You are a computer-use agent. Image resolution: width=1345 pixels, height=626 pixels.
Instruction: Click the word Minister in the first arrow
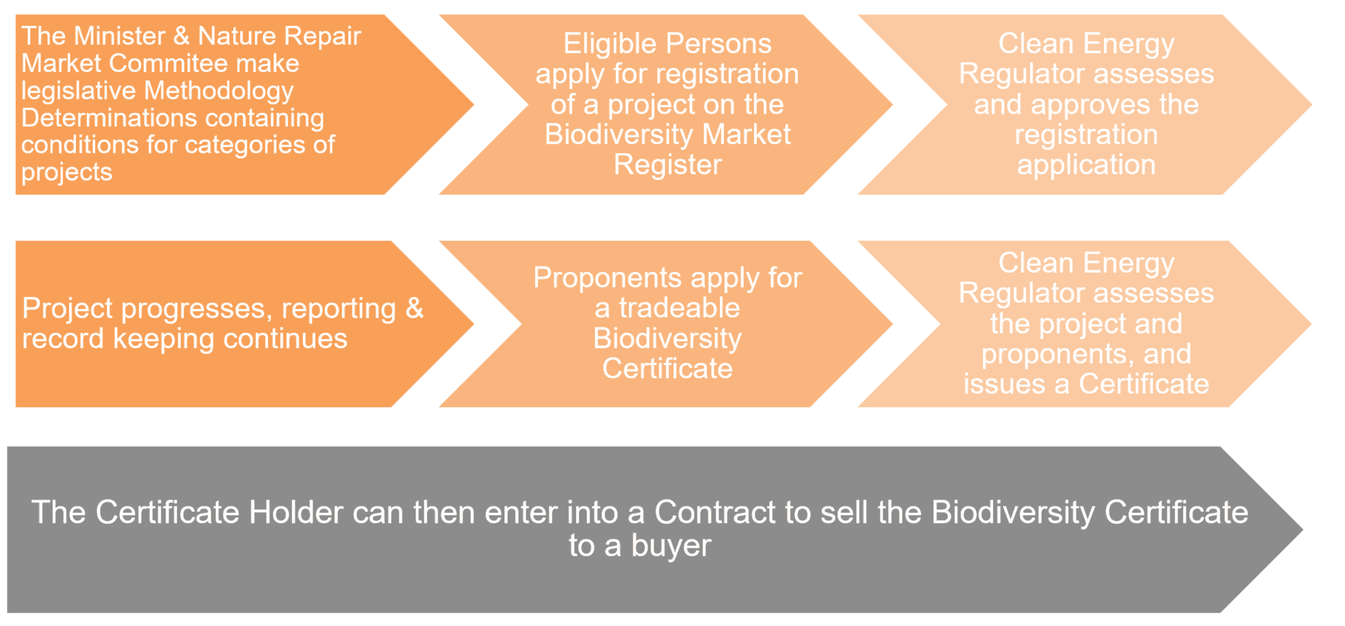coord(119,36)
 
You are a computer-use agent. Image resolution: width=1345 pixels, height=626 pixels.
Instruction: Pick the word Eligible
coord(608,44)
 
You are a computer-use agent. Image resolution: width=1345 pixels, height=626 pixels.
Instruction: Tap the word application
coord(1086,165)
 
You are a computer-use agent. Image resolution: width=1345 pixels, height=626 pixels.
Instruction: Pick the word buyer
coord(671,546)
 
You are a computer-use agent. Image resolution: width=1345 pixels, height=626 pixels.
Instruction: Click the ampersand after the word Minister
coord(181,36)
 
